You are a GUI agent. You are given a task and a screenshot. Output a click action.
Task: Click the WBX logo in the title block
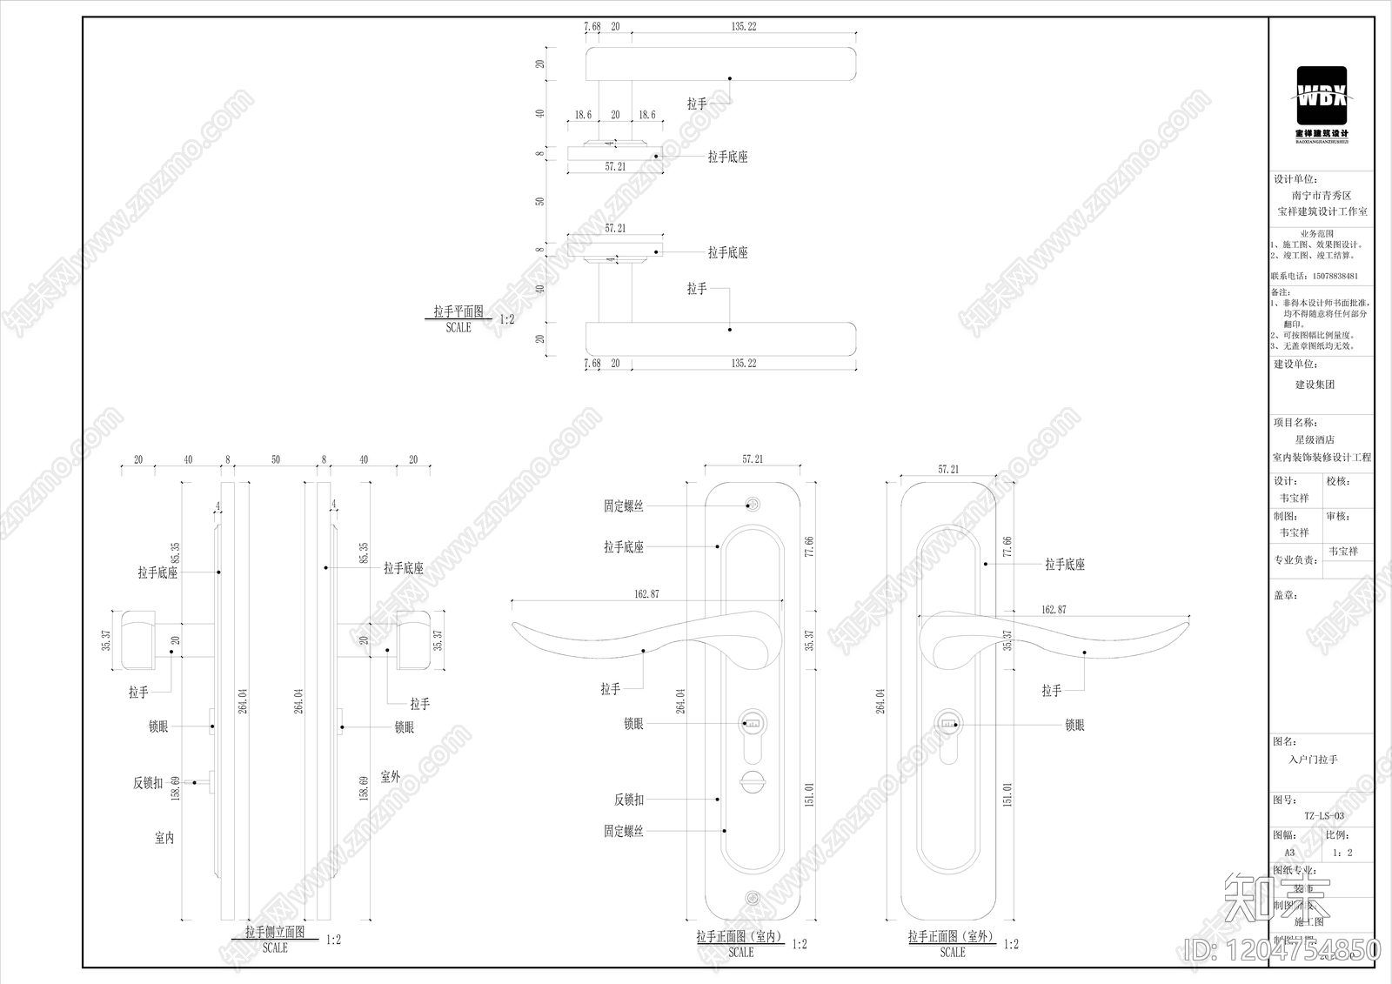pyautogui.click(x=1322, y=97)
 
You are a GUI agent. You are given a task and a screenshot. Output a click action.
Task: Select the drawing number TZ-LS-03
pyautogui.click(x=1323, y=816)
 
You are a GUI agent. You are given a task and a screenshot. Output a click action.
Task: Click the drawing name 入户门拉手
pyautogui.click(x=1313, y=760)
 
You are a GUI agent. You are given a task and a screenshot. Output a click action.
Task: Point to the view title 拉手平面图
pyautogui.click(x=458, y=311)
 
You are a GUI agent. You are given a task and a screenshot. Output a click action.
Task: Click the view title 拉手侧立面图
pyautogui.click(x=275, y=932)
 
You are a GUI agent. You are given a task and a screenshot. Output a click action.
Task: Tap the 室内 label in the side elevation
pyautogui.click(x=164, y=838)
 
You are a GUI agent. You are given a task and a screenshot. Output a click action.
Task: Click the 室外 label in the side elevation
pyautogui.click(x=391, y=777)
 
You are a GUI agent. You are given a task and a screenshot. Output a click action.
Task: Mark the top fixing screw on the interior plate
pyautogui.click(x=753, y=505)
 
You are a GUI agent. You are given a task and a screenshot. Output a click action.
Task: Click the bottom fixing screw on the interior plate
pyautogui.click(x=753, y=898)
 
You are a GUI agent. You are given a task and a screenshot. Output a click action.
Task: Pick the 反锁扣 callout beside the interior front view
pyautogui.click(x=629, y=800)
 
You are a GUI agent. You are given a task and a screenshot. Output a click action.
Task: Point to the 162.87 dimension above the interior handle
pyautogui.click(x=646, y=594)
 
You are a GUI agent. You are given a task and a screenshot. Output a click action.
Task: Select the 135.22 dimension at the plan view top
pyautogui.click(x=743, y=27)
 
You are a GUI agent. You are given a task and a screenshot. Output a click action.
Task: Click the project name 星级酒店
pyautogui.click(x=1314, y=440)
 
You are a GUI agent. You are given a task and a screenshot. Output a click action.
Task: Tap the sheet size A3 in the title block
pyautogui.click(x=1289, y=853)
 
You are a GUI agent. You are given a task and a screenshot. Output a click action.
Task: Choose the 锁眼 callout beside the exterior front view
pyautogui.click(x=1074, y=725)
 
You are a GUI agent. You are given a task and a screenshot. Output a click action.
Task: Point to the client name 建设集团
pyautogui.click(x=1315, y=385)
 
